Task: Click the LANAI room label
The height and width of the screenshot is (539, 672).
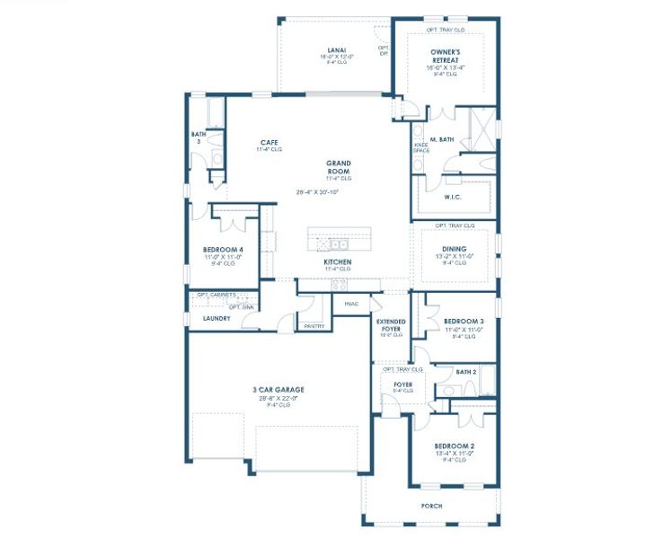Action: (337, 50)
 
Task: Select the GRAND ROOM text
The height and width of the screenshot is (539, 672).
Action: (338, 167)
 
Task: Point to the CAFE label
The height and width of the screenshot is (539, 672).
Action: (269, 143)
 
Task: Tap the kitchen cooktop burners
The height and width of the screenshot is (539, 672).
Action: (339, 285)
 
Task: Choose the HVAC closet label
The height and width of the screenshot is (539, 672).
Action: (351, 304)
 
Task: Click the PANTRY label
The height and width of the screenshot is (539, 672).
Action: (314, 326)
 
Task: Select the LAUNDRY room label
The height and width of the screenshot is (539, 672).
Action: (217, 318)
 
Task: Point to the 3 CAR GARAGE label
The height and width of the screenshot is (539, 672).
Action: (278, 390)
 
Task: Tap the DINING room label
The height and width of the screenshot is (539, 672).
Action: (454, 249)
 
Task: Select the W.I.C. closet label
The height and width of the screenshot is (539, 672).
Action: (453, 196)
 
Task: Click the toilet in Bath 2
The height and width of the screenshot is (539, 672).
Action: (447, 389)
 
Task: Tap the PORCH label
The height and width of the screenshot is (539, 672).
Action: (431, 506)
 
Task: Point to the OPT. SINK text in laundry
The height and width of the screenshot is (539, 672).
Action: (241, 306)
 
